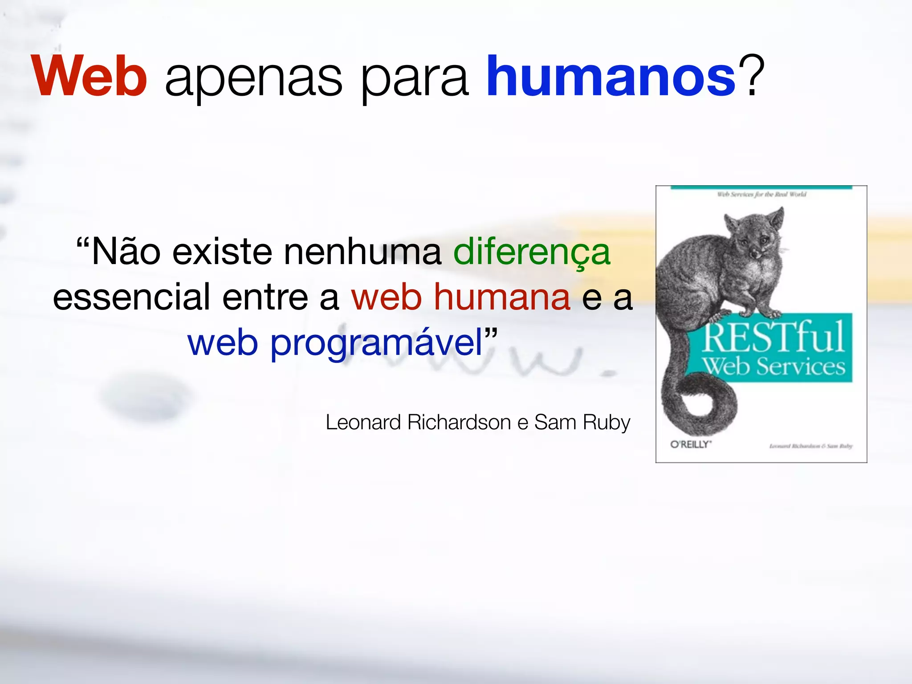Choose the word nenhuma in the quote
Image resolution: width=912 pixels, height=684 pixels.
363,252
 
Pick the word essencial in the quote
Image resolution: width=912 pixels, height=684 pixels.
131,297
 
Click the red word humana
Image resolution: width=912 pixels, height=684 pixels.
502,297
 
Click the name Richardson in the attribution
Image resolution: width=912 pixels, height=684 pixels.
459,422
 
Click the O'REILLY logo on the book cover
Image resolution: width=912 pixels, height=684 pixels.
691,444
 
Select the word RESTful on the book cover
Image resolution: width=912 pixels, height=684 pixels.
774,337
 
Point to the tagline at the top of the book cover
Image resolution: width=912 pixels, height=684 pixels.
761,194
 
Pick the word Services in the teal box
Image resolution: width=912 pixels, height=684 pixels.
800,366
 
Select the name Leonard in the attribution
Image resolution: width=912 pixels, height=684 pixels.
363,422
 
